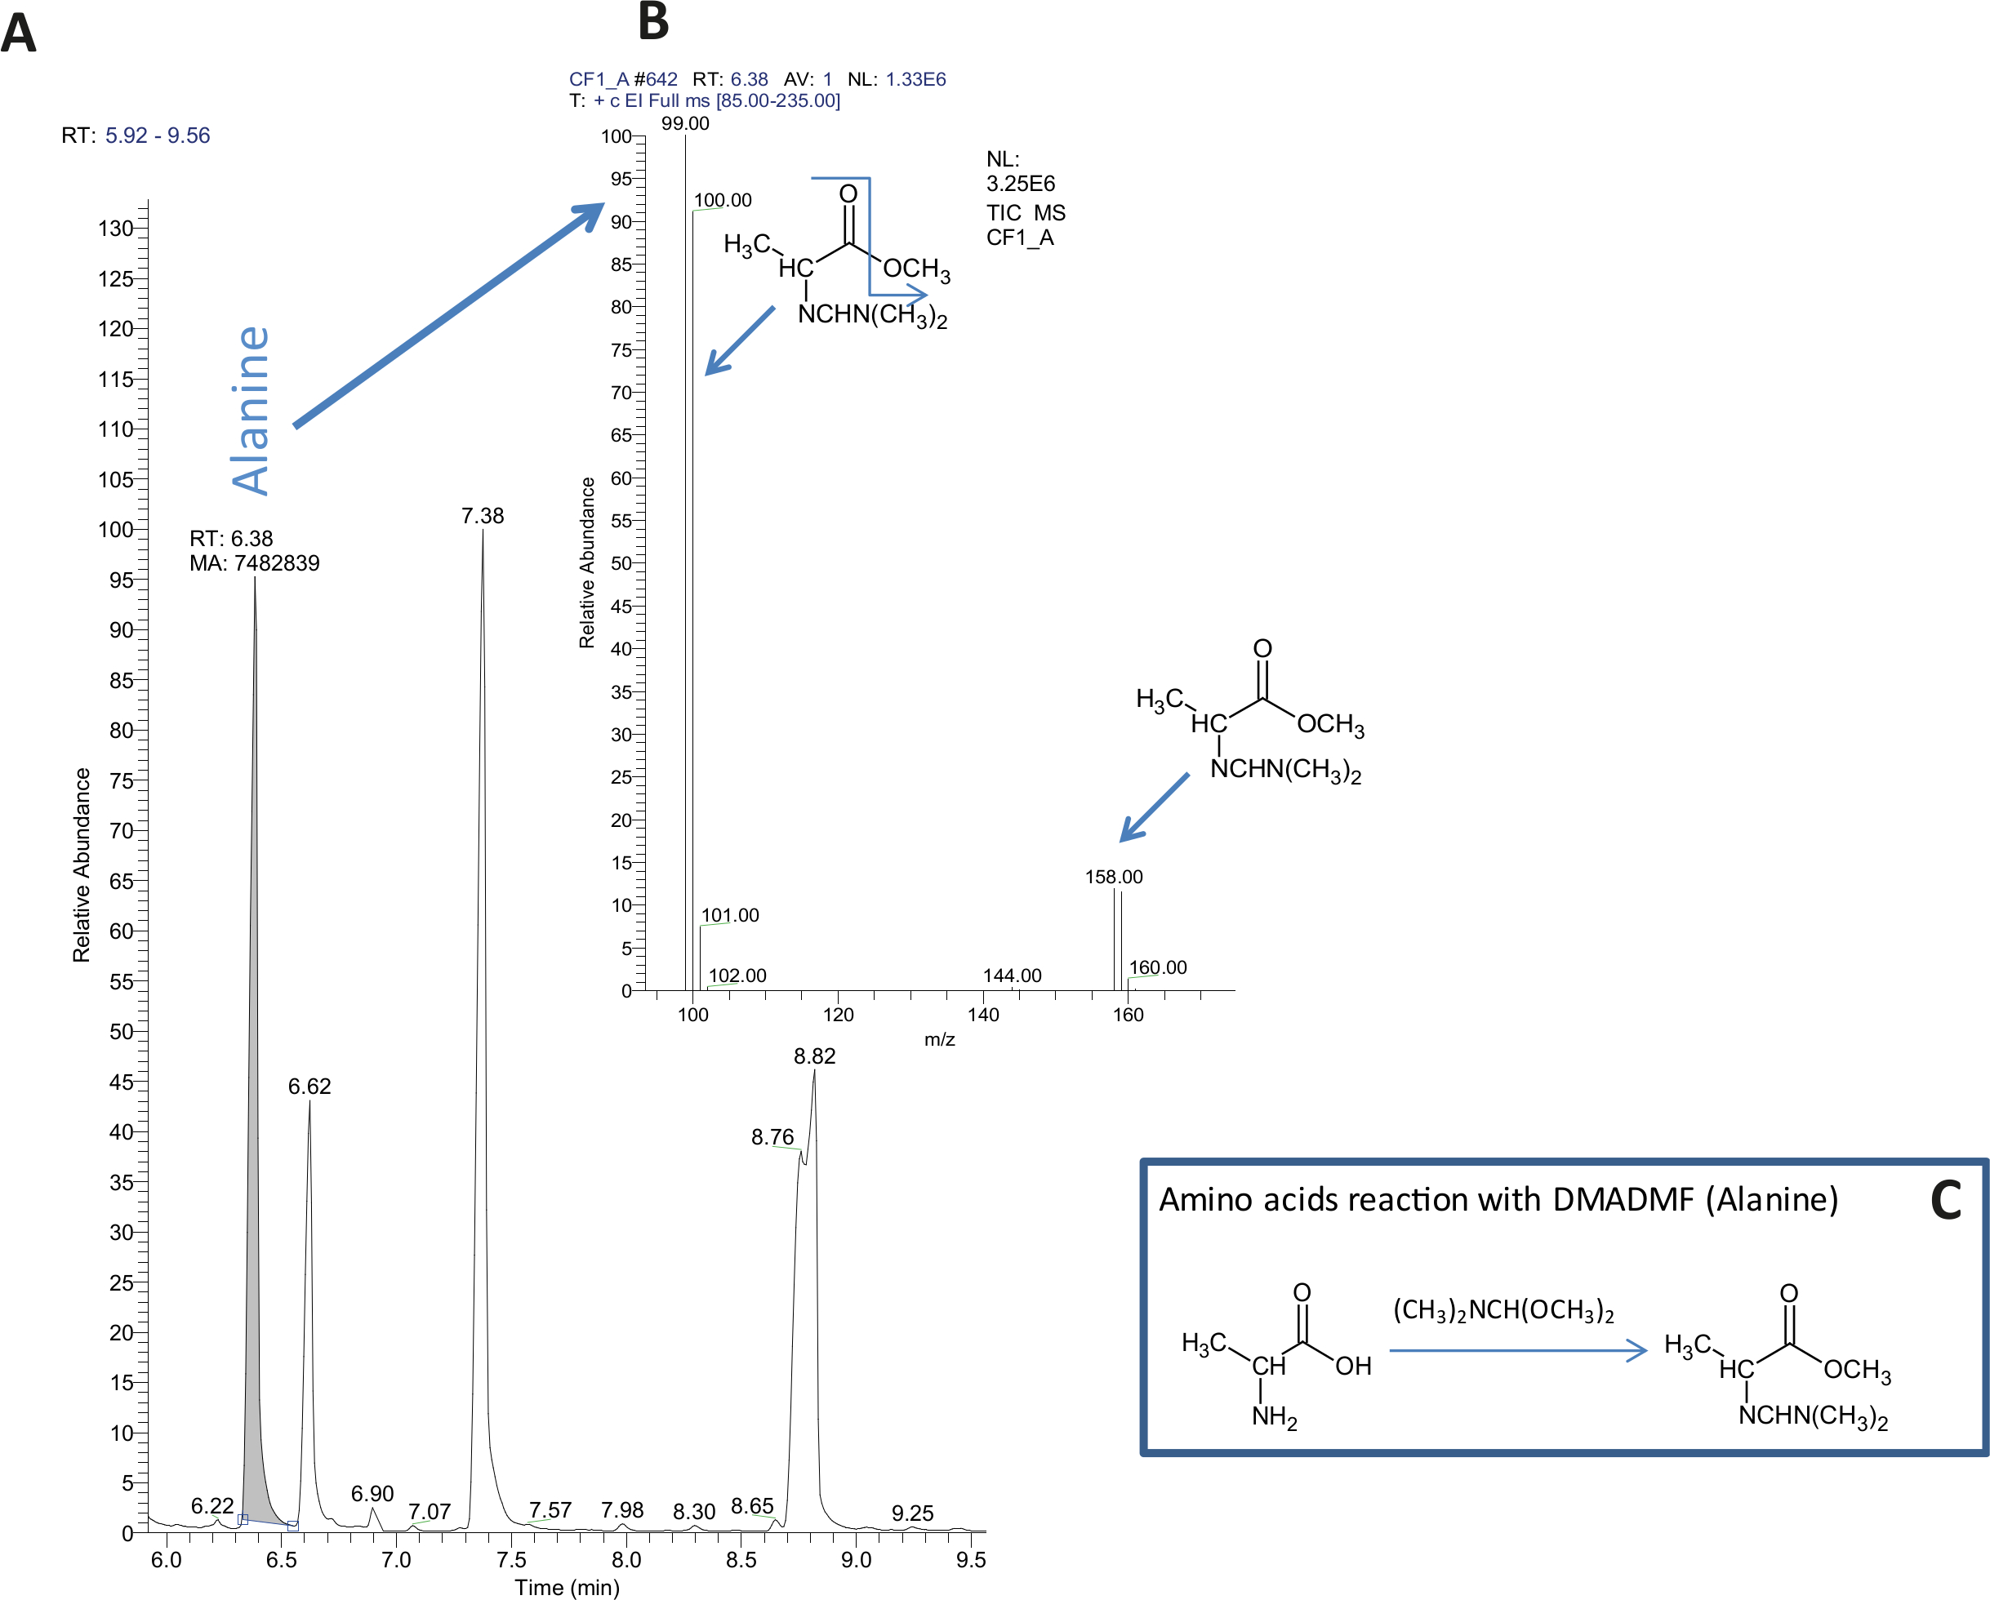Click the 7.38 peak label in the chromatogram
coord(483,516)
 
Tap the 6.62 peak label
coord(309,1086)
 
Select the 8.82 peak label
coord(814,1056)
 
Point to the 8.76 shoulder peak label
coord(772,1137)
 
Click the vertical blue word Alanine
coord(250,411)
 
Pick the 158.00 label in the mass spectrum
coord(1113,877)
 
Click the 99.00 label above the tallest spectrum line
coord(685,123)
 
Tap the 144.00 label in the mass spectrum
coord(1012,976)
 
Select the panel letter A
coord(19,34)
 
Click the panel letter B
coord(653,22)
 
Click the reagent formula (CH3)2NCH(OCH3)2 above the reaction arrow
coord(1503,1311)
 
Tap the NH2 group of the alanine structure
coord(1274,1417)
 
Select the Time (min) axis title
coord(567,1587)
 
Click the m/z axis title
coord(940,1040)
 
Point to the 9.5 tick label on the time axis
coord(971,1559)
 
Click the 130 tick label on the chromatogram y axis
coord(116,228)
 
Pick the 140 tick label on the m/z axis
coord(983,1015)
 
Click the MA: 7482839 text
coord(255,563)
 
